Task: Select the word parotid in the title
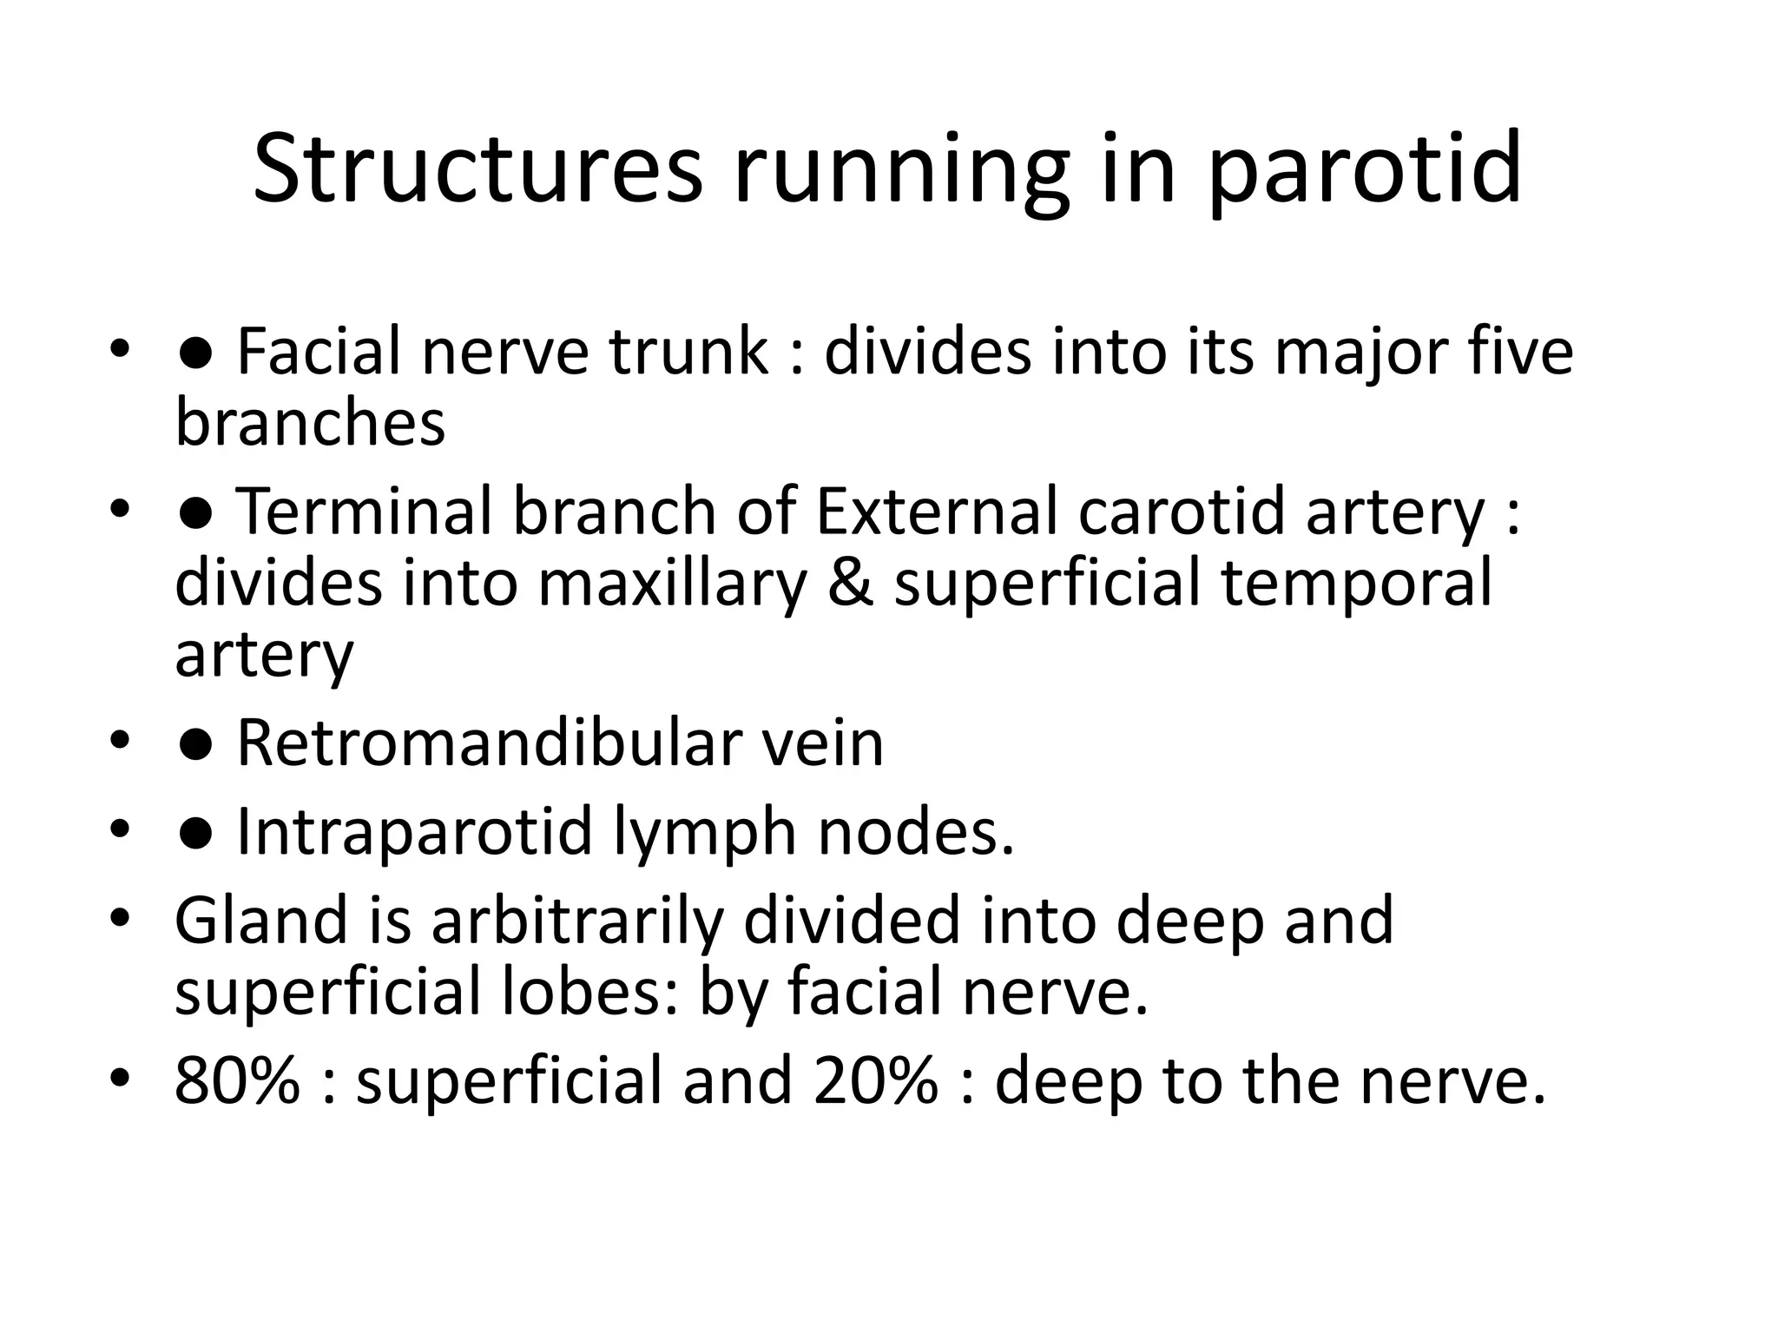(x=1364, y=170)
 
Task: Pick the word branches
(x=310, y=423)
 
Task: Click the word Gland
(x=261, y=921)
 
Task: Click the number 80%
(x=237, y=1080)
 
